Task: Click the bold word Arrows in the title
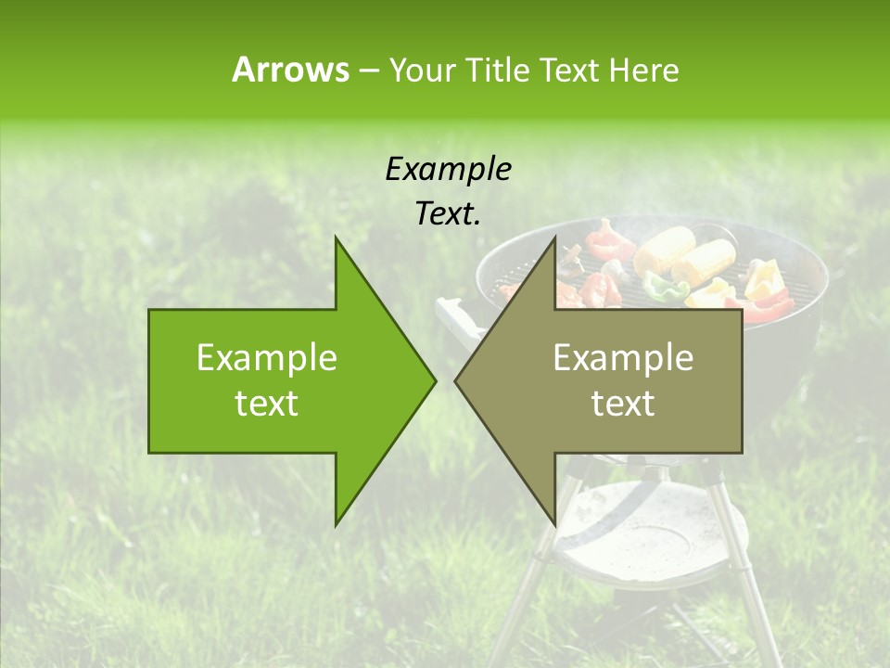click(x=289, y=70)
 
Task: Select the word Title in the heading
click(x=501, y=71)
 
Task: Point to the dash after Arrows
click(x=368, y=71)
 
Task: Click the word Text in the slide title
click(x=571, y=71)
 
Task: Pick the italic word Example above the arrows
click(x=449, y=169)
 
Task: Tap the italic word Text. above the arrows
click(x=449, y=214)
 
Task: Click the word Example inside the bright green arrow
click(x=267, y=358)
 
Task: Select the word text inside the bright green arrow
click(x=267, y=404)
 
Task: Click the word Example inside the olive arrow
click(x=623, y=358)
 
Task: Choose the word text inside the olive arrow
click(x=623, y=404)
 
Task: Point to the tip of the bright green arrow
click(x=434, y=380)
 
